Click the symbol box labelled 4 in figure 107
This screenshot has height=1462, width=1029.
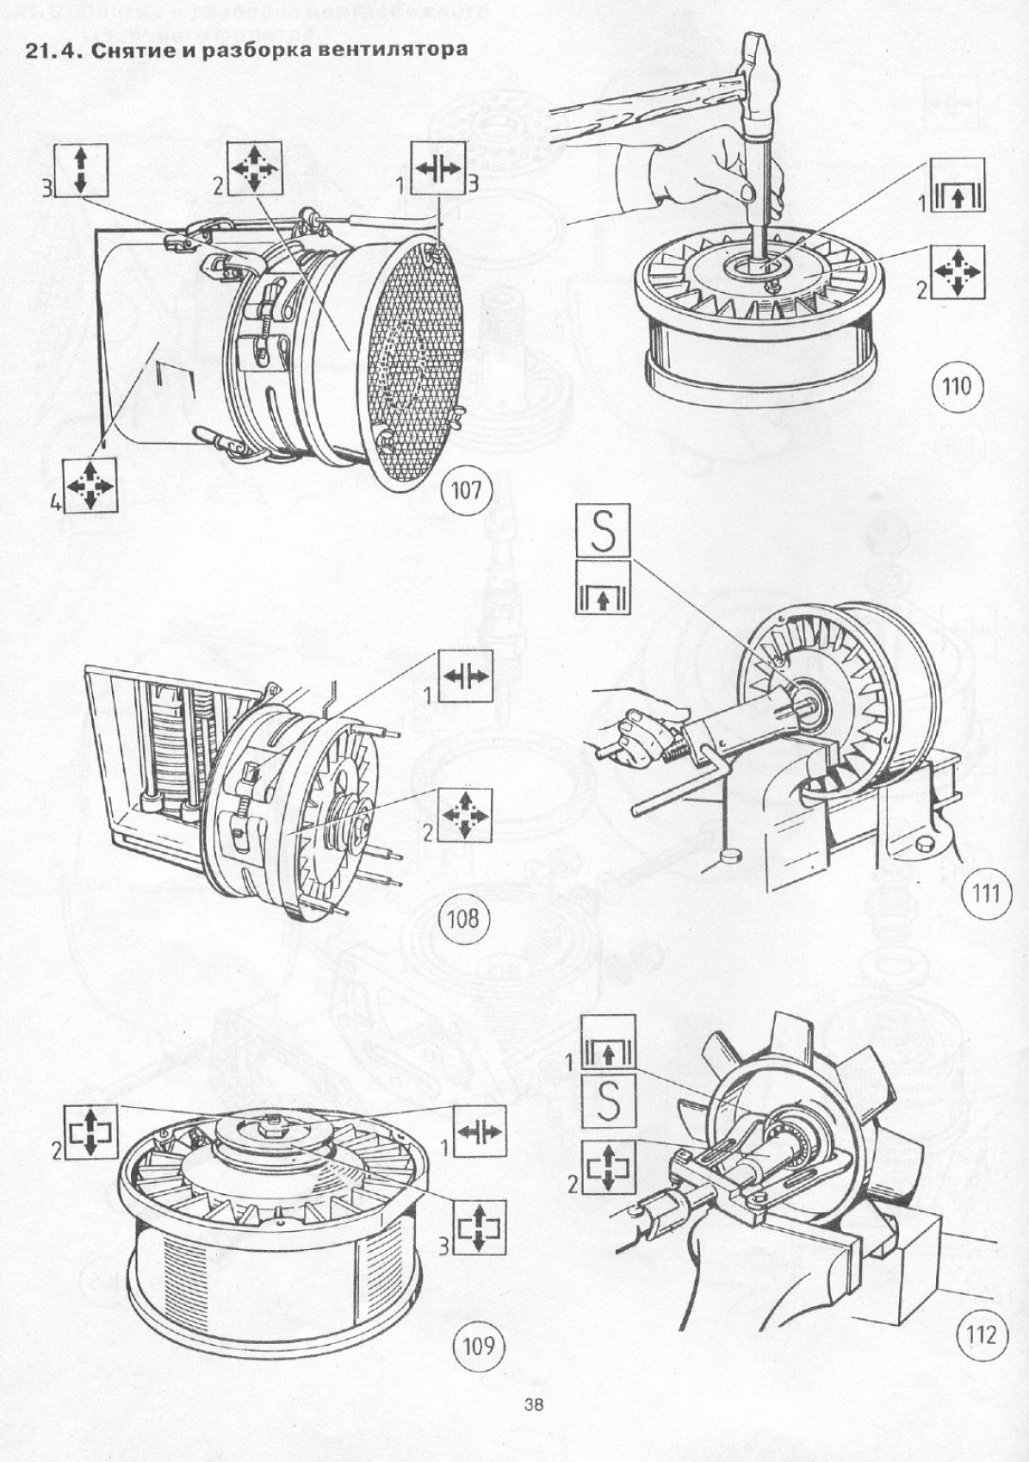point(90,486)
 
